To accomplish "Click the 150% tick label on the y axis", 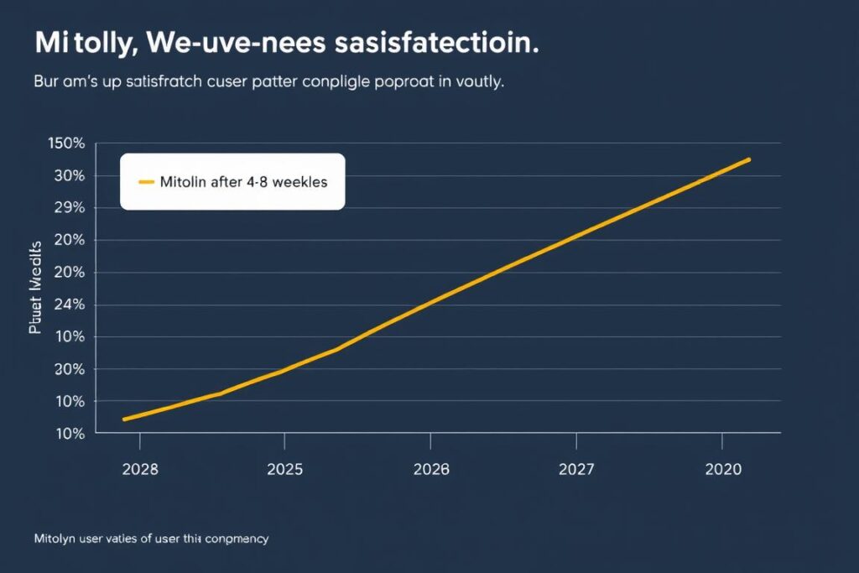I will (x=67, y=143).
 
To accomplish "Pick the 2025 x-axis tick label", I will (x=284, y=470).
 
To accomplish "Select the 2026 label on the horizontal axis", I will (x=430, y=470).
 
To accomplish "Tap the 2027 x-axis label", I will (x=576, y=470).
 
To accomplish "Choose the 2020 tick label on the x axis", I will (x=722, y=470).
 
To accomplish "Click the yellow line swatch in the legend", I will (x=145, y=181).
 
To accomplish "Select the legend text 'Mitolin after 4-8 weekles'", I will (x=243, y=181).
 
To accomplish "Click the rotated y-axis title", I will (x=35, y=288).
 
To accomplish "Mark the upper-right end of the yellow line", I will (x=749, y=159).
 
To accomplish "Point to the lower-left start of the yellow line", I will (x=123, y=419).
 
